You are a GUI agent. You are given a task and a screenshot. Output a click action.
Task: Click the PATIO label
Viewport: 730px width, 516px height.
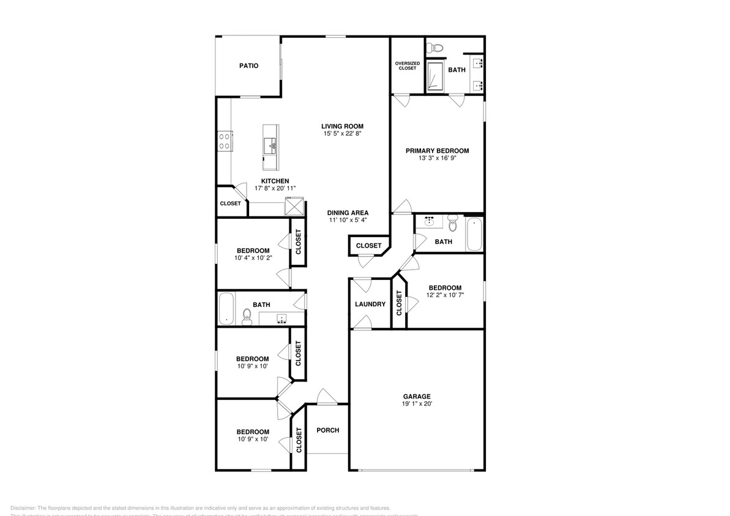248,65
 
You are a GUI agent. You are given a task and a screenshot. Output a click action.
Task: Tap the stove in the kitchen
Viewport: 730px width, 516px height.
224,141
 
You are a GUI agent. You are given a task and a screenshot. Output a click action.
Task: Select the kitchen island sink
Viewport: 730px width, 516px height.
270,146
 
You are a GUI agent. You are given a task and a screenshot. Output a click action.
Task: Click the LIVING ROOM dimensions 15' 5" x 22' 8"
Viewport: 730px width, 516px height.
346,133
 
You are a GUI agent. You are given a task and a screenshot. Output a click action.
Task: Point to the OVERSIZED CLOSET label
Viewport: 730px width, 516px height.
407,65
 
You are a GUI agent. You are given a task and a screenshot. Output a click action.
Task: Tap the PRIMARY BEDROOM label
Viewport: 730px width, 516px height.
437,150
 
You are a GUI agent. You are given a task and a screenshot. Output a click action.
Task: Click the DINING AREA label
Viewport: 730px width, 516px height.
347,213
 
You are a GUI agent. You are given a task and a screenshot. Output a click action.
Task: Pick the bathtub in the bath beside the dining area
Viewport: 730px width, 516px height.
474,235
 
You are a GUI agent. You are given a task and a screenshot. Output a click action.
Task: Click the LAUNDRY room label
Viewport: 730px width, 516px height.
370,304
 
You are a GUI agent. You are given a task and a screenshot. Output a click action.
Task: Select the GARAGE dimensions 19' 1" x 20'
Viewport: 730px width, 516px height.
416,404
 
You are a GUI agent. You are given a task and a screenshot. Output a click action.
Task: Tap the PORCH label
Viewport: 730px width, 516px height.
327,430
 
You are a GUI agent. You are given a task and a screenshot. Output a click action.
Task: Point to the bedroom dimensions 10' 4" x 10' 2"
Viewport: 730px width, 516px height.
253,258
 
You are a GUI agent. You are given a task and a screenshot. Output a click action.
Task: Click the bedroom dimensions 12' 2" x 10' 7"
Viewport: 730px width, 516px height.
445,295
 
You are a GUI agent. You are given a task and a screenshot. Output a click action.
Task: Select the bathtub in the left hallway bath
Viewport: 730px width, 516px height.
227,309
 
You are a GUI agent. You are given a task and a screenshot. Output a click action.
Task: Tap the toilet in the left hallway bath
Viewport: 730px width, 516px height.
247,315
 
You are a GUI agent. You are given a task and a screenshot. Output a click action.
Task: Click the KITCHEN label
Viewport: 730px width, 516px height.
275,181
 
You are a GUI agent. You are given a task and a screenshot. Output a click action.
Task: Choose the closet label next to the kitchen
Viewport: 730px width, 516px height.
230,204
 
